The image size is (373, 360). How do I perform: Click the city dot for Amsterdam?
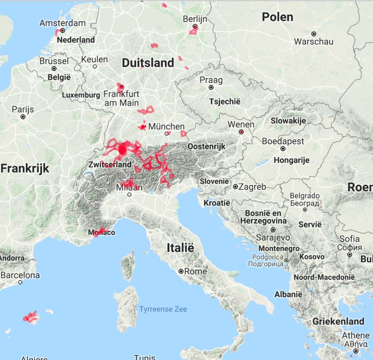63,31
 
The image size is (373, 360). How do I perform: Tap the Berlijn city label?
195,19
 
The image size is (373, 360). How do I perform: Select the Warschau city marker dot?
314,34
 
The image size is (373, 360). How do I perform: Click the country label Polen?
277,17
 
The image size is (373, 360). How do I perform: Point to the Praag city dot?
211,88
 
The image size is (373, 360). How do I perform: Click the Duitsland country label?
148,63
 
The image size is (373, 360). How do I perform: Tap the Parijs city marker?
23,117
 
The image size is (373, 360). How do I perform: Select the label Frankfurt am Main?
121,98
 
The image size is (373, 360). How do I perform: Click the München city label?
166,127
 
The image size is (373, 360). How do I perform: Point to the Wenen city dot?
241,132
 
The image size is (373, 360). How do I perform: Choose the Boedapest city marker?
283,149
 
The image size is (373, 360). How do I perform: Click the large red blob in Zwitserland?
123,150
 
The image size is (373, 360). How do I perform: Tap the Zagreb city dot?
236,187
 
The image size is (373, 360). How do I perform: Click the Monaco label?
102,233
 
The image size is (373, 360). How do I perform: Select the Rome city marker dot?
181,271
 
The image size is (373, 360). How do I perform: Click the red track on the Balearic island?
30,317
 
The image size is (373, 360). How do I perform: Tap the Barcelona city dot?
20,282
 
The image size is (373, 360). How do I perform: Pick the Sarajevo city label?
273,237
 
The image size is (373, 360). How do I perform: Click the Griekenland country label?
338,321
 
